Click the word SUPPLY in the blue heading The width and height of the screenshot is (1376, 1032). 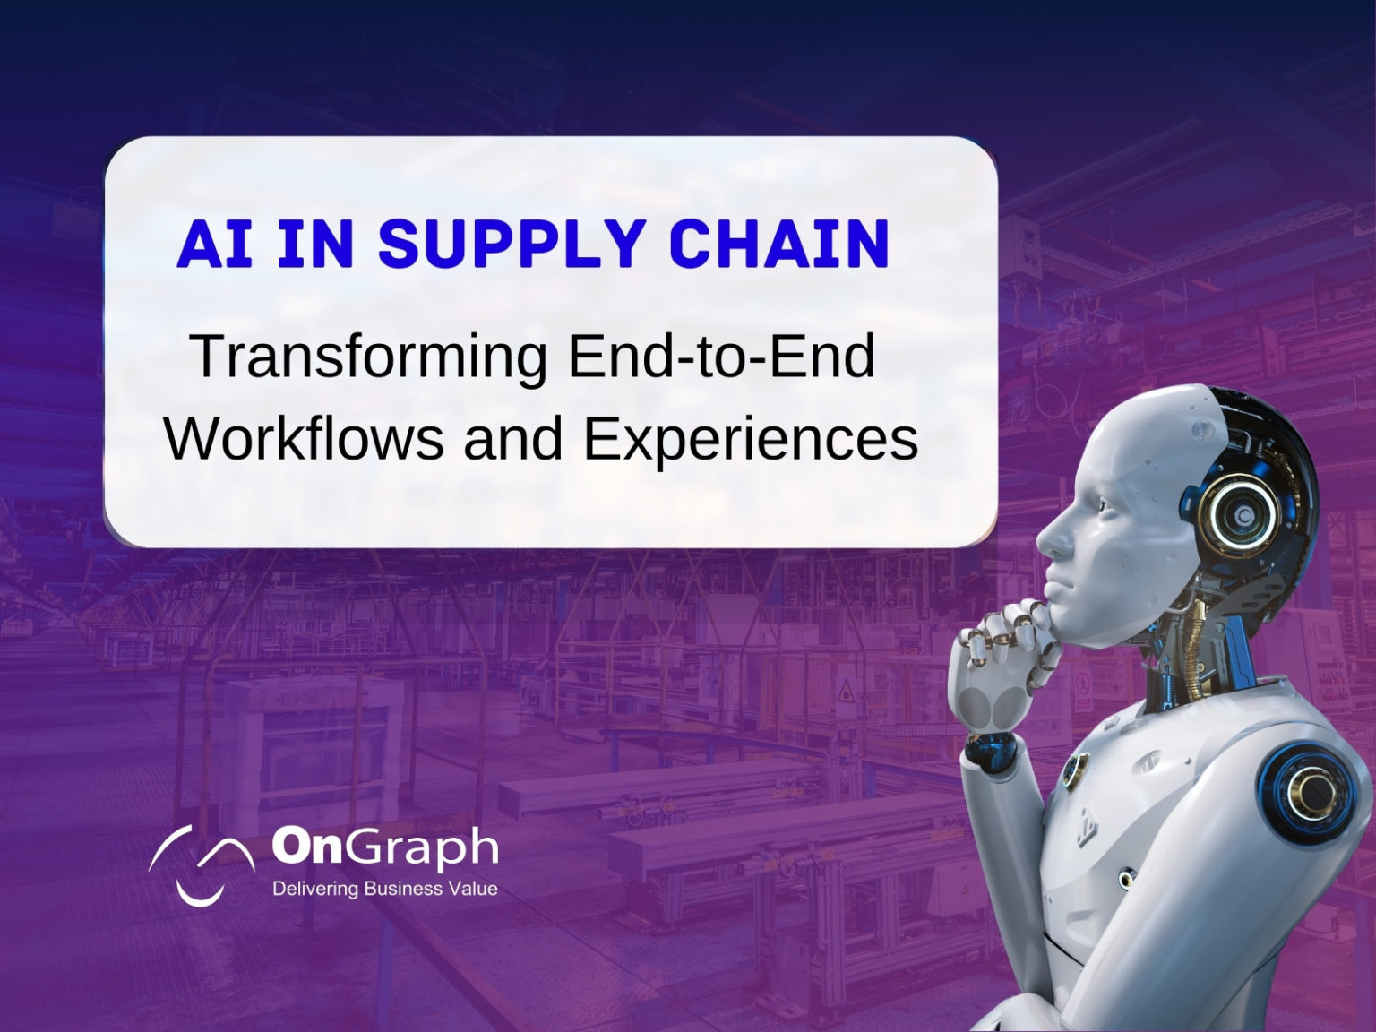(512, 243)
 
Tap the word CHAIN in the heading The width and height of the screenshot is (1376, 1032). (779, 243)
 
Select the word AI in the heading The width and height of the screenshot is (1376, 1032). (215, 243)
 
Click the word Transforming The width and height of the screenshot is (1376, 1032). (371, 357)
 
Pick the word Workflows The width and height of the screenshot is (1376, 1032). (304, 439)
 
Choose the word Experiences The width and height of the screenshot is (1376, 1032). (751, 441)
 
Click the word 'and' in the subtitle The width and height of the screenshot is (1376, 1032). (512, 439)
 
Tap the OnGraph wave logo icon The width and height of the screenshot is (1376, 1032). (202, 864)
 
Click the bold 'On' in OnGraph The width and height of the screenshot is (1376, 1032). (305, 846)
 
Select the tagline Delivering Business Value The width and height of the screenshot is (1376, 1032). (385, 889)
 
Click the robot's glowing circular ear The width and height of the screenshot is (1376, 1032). (1231, 515)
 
